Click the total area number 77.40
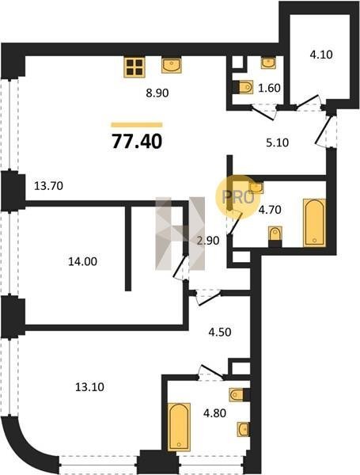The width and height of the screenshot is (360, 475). click(x=137, y=142)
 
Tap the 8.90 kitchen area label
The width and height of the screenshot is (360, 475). click(x=157, y=93)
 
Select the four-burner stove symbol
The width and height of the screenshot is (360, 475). click(x=135, y=67)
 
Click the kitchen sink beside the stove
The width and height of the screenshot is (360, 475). click(x=172, y=65)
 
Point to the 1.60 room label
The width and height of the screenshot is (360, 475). click(x=269, y=88)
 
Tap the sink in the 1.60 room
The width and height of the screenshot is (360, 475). click(x=268, y=63)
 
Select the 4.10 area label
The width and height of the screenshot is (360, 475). click(x=321, y=55)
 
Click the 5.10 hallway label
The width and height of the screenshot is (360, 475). click(x=278, y=142)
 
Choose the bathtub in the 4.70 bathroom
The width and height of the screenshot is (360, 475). click(x=315, y=222)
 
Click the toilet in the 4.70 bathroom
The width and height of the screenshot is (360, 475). click(x=275, y=234)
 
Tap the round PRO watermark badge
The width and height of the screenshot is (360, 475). click(x=238, y=197)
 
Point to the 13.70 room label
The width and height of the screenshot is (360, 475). click(x=48, y=186)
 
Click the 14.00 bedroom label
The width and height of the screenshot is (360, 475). click(x=82, y=261)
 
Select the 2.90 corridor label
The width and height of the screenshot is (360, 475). click(x=208, y=241)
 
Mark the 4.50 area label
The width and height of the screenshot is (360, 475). click(x=220, y=332)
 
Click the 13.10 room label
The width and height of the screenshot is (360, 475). click(x=89, y=387)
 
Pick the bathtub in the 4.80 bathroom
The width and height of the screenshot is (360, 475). click(x=179, y=427)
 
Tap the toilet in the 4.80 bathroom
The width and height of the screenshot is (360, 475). click(x=237, y=394)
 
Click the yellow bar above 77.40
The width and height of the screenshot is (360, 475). click(x=137, y=124)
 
